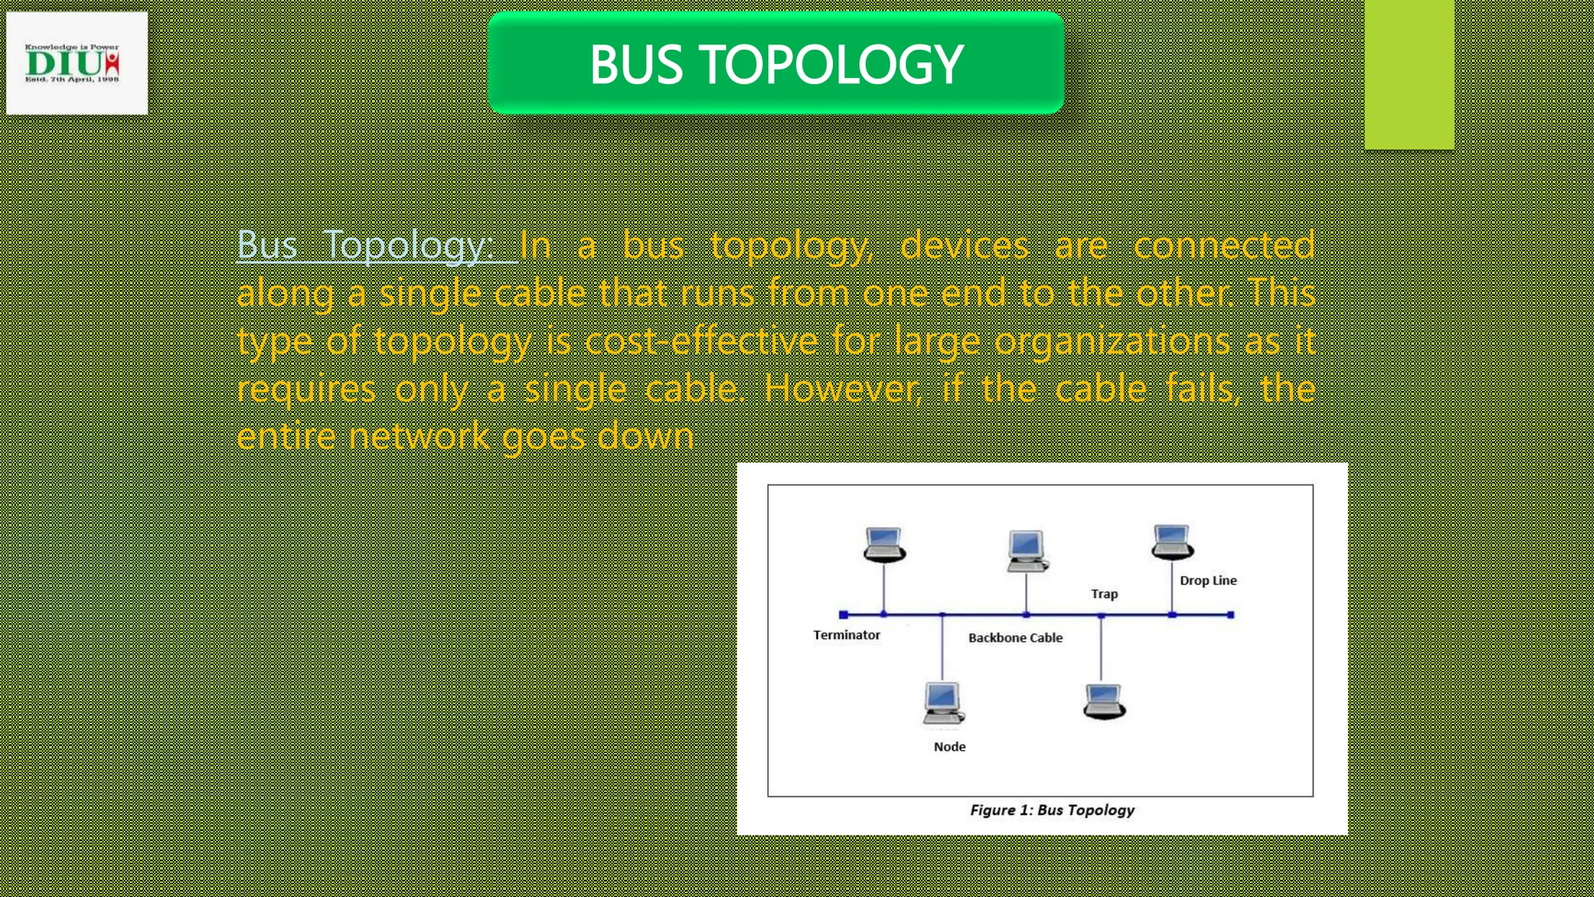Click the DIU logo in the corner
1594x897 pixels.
pos(76,63)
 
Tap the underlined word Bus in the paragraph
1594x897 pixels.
pos(267,245)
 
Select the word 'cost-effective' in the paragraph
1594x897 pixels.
pos(700,341)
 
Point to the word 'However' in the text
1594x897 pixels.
pos(842,389)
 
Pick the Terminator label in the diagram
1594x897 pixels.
pos(846,635)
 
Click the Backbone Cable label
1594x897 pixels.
pos(1015,638)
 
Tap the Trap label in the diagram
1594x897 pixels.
pos(1104,594)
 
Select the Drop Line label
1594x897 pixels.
pos(1207,581)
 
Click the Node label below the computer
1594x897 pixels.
pos(949,747)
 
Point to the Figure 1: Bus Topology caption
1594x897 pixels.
pos(1052,811)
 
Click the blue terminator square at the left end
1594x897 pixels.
pos(843,615)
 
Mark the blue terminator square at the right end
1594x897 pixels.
pos(1231,615)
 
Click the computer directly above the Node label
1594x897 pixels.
pos(943,703)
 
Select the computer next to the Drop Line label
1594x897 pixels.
pos(1172,542)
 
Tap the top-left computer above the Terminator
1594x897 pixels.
pos(884,544)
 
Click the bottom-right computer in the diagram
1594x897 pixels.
pos(1104,702)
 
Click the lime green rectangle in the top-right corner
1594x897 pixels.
pos(1409,74)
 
